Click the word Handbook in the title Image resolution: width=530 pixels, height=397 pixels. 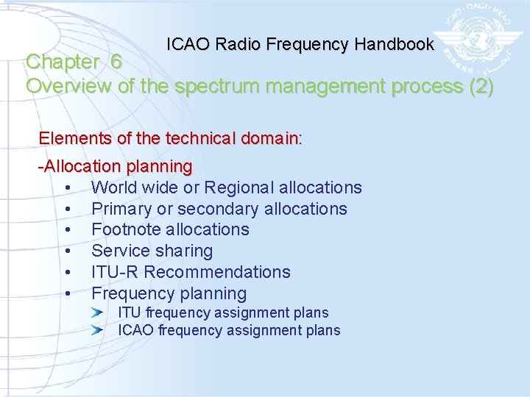pos(394,44)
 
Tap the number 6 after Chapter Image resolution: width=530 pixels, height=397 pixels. pos(116,62)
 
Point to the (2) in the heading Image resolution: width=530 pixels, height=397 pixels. pos(481,86)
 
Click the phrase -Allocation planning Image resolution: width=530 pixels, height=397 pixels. pos(116,167)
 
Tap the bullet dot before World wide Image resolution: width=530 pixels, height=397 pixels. pos(68,189)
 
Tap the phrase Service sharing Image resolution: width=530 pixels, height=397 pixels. pos(152,251)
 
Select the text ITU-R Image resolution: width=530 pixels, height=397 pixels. pos(115,272)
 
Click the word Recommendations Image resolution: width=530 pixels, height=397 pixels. pos(217,272)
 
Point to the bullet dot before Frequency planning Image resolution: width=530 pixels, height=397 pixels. pos(68,294)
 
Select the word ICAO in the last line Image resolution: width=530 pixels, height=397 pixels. pos(135,330)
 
